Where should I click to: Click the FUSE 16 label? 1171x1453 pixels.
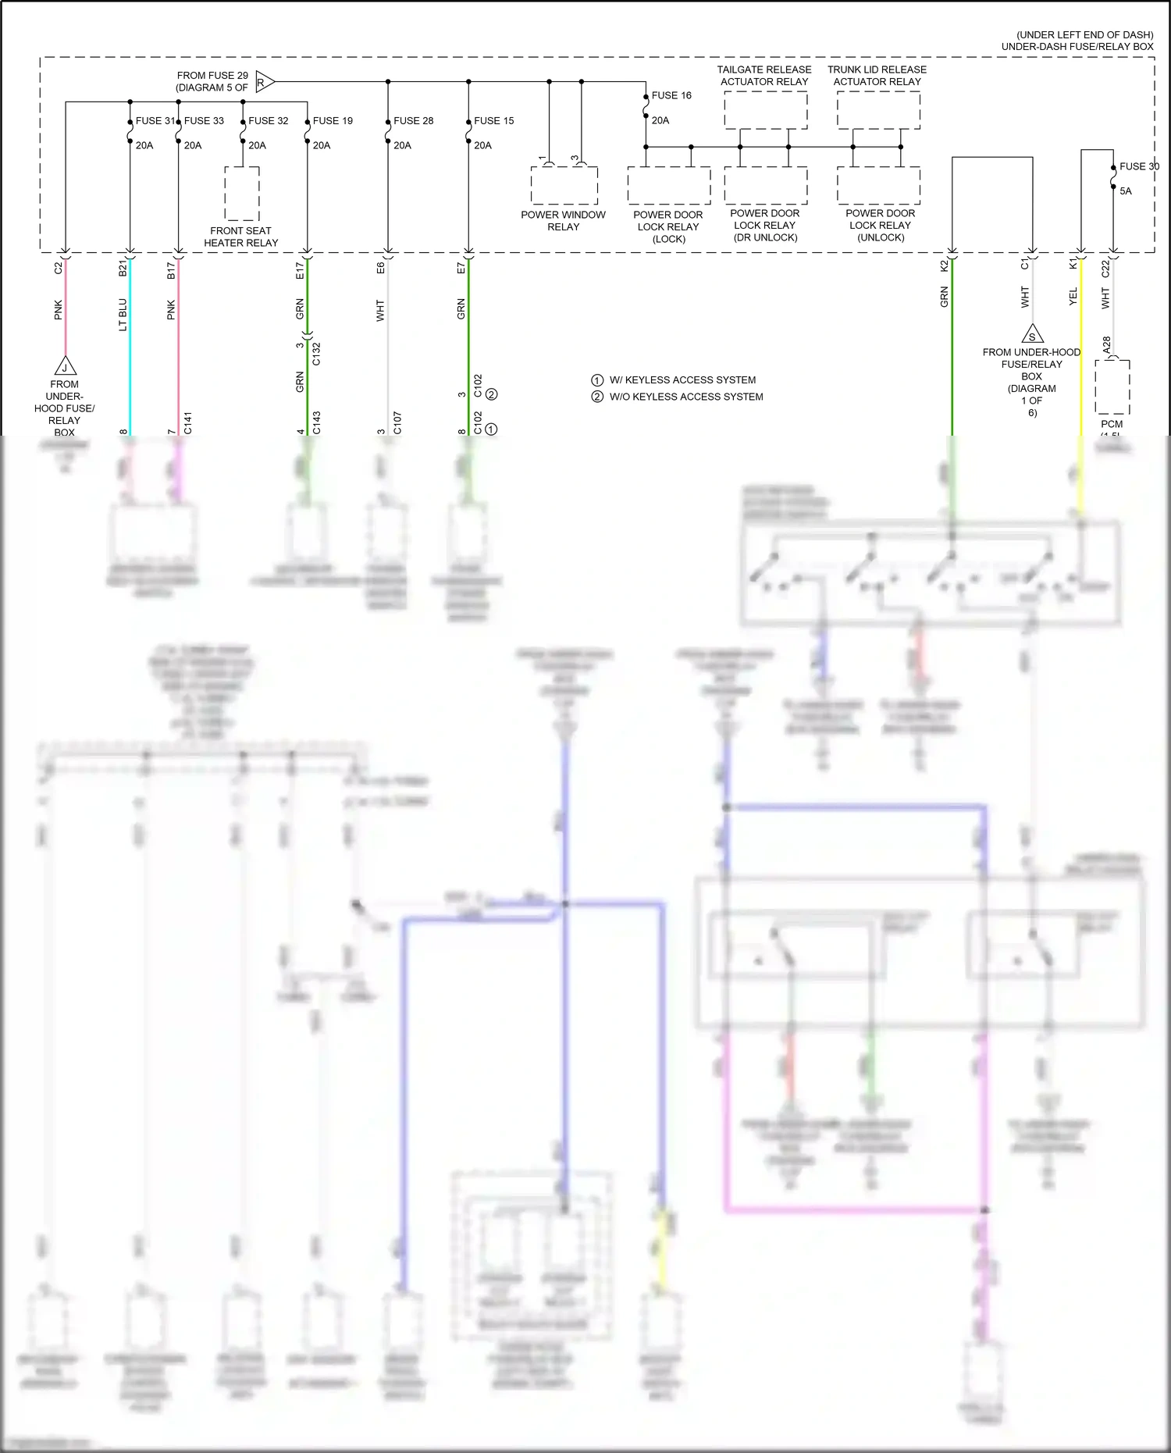click(671, 95)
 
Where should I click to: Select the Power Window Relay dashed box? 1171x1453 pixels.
click(564, 186)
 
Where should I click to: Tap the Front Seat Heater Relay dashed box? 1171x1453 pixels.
click(242, 194)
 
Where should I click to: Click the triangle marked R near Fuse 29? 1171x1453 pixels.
click(264, 81)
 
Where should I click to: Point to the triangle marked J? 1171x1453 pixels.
click(65, 366)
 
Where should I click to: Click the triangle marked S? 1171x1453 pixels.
click(1032, 335)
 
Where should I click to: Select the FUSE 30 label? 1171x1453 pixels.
click(1139, 166)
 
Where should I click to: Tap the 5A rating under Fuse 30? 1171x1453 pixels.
click(1125, 191)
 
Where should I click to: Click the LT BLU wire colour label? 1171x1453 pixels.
click(123, 314)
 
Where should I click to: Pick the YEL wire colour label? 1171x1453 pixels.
click(1073, 296)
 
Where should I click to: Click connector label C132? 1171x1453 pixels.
click(316, 354)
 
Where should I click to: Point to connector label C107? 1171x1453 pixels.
click(397, 422)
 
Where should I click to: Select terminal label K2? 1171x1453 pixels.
click(944, 265)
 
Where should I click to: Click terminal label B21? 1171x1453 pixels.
click(123, 269)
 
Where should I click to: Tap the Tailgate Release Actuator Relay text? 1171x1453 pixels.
click(764, 75)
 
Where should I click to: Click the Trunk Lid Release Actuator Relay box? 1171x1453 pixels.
click(878, 110)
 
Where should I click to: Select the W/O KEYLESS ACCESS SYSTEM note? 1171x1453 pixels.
click(685, 397)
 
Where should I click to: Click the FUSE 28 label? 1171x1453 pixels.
click(413, 120)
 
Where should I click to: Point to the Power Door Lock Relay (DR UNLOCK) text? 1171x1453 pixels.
click(764, 225)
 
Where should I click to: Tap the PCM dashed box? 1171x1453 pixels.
click(1112, 386)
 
